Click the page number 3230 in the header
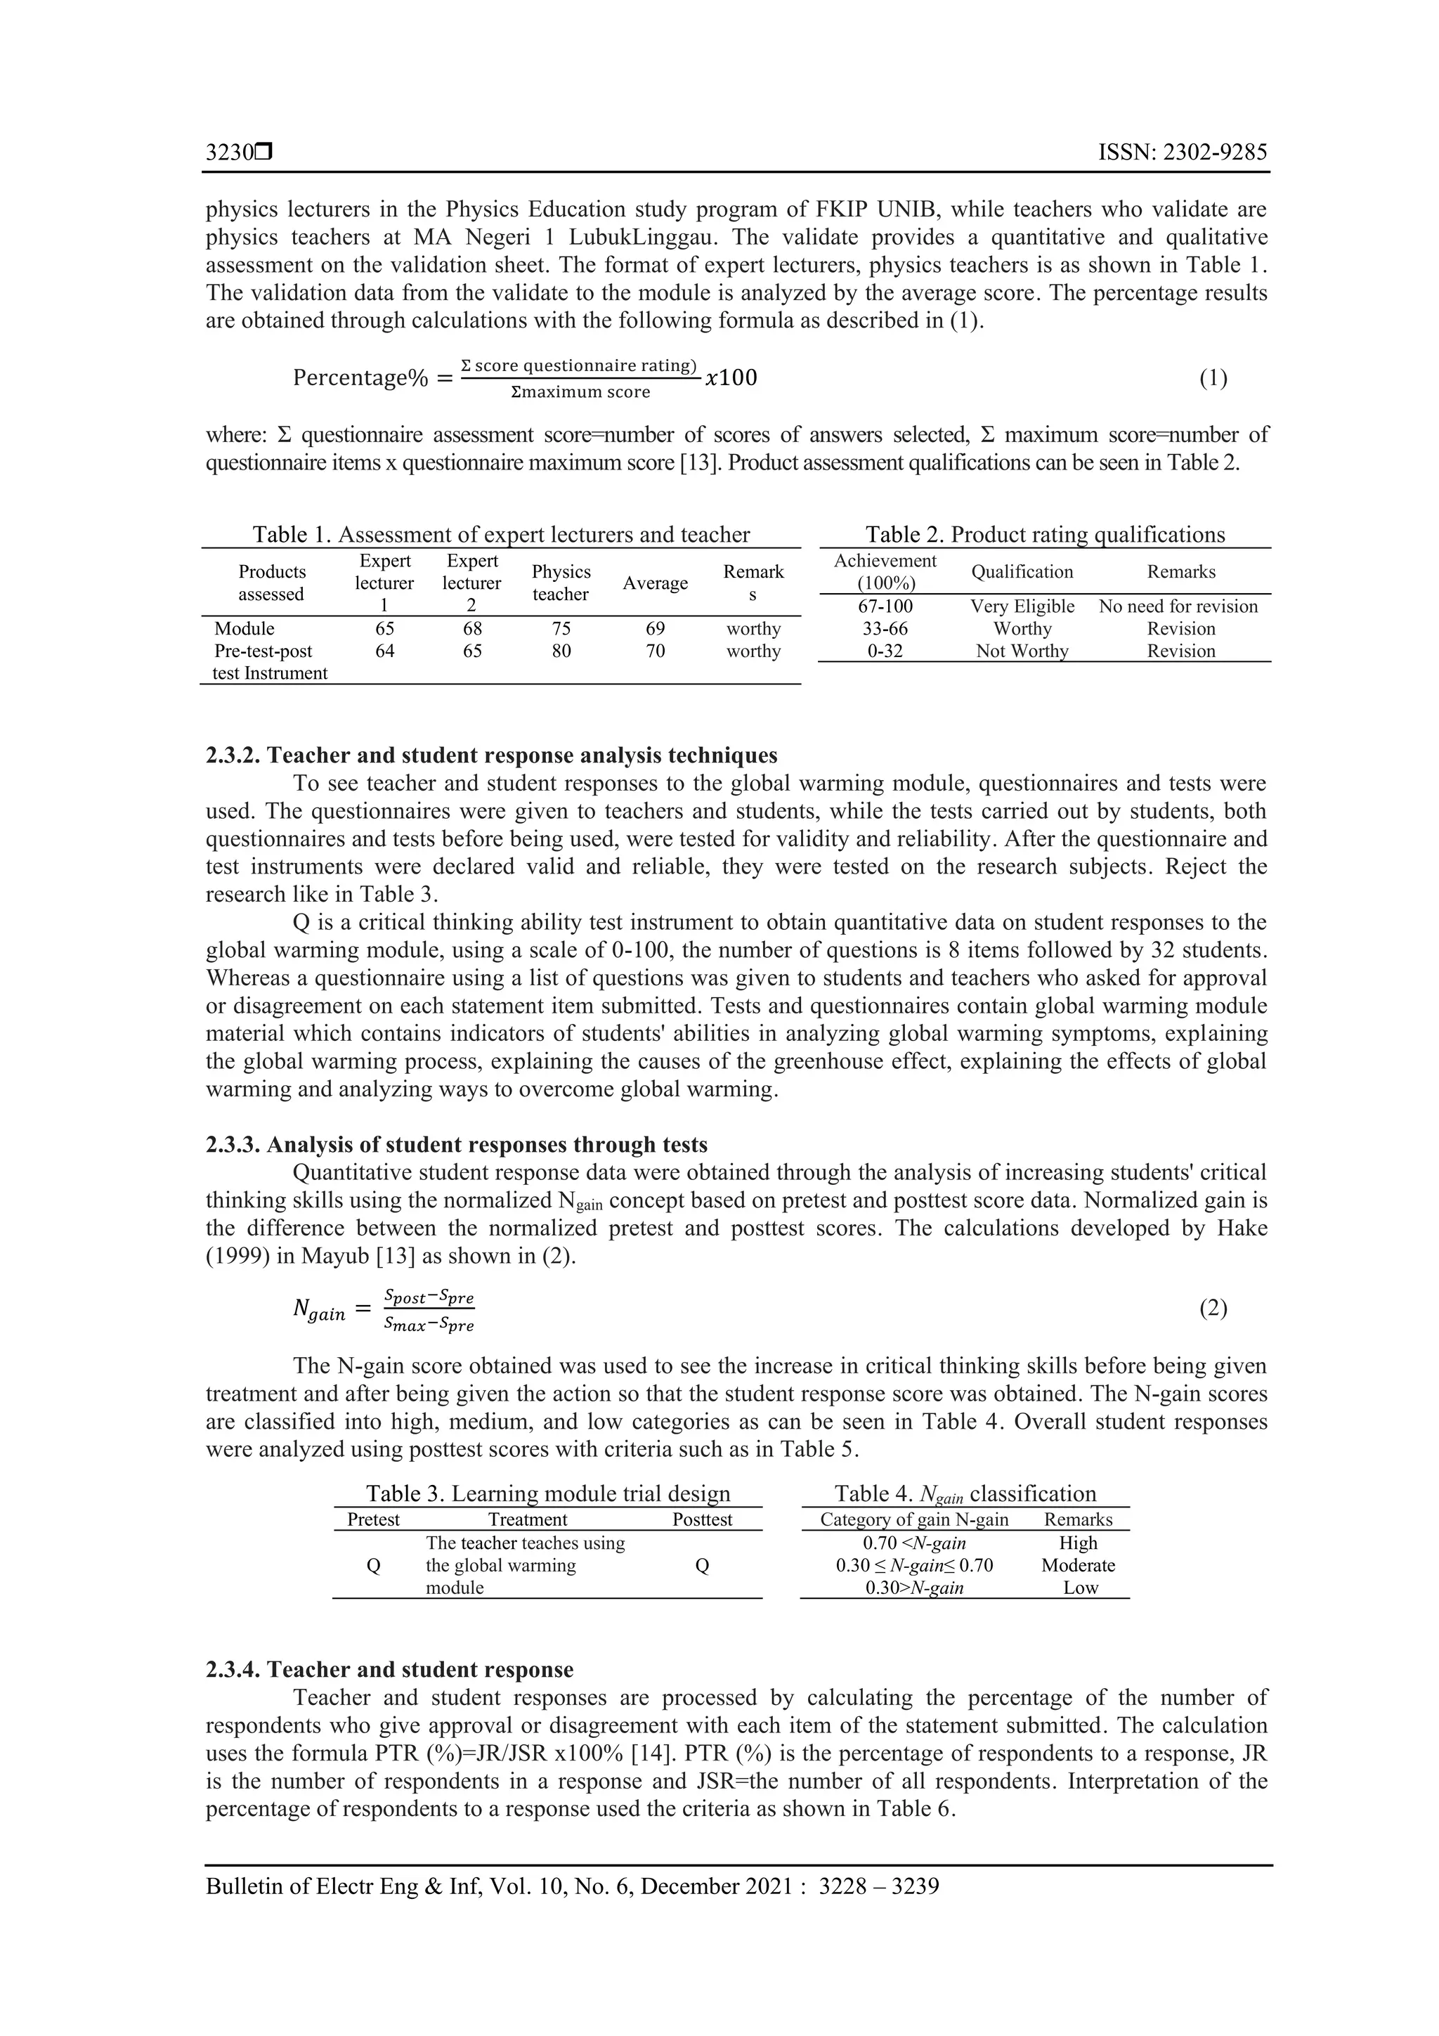tap(230, 153)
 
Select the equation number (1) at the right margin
tap(1213, 379)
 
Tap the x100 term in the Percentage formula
tap(731, 379)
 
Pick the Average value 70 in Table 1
tap(656, 651)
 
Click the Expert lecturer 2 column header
tap(471, 583)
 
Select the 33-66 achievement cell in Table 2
tap(885, 629)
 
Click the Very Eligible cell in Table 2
tap(1022, 607)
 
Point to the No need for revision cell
tap(1178, 607)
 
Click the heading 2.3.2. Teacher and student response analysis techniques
tap(491, 756)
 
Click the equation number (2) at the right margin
tap(1213, 1308)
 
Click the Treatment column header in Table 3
tap(528, 1519)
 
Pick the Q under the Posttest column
tap(701, 1566)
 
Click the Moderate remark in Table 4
tap(1078, 1565)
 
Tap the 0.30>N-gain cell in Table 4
tap(914, 1588)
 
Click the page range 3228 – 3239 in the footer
tap(879, 1886)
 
